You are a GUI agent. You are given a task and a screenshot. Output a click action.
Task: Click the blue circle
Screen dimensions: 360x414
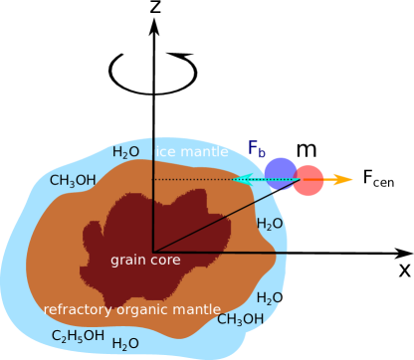[x=281, y=173]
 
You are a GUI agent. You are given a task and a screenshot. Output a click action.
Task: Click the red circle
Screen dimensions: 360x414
[x=309, y=180]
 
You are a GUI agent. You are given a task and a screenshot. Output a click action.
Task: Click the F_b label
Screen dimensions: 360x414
[x=257, y=149]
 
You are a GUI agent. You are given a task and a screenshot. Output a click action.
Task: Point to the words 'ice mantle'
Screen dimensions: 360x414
[x=192, y=152]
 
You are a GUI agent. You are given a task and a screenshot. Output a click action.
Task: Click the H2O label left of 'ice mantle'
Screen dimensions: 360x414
[x=125, y=152]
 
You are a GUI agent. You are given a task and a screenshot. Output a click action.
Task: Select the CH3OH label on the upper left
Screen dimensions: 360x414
[x=73, y=181]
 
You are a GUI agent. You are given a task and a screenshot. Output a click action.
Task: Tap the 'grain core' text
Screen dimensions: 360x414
[x=145, y=261]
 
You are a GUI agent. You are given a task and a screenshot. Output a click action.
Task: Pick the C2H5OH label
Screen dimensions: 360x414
[x=78, y=336]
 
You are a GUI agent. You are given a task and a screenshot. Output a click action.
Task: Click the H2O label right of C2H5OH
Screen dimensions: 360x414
[x=125, y=344]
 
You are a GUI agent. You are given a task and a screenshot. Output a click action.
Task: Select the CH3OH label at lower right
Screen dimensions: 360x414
[x=240, y=320]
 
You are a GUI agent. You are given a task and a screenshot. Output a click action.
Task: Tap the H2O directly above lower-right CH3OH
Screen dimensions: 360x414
[x=270, y=298]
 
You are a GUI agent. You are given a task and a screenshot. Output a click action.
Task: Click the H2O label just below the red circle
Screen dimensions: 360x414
[x=271, y=224]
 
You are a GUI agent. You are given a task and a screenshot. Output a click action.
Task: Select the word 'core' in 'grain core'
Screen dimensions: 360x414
[x=165, y=261]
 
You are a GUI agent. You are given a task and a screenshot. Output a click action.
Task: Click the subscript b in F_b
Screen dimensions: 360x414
[x=263, y=153]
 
